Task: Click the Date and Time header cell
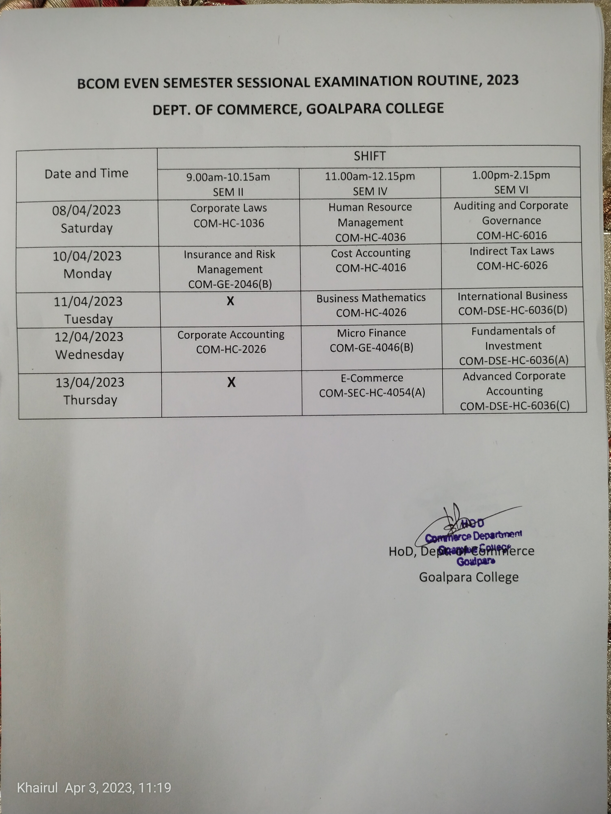[87, 173]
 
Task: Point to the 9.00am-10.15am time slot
[228, 177]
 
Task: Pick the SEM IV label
[370, 191]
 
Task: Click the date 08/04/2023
[87, 210]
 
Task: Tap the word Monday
[88, 274]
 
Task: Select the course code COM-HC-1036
[229, 223]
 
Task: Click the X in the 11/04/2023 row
[230, 301]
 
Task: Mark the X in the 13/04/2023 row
[231, 382]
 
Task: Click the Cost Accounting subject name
[370, 253]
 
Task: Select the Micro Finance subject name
[371, 333]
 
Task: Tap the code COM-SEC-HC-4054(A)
[372, 393]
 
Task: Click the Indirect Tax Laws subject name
[512, 251]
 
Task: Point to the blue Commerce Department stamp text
[473, 535]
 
